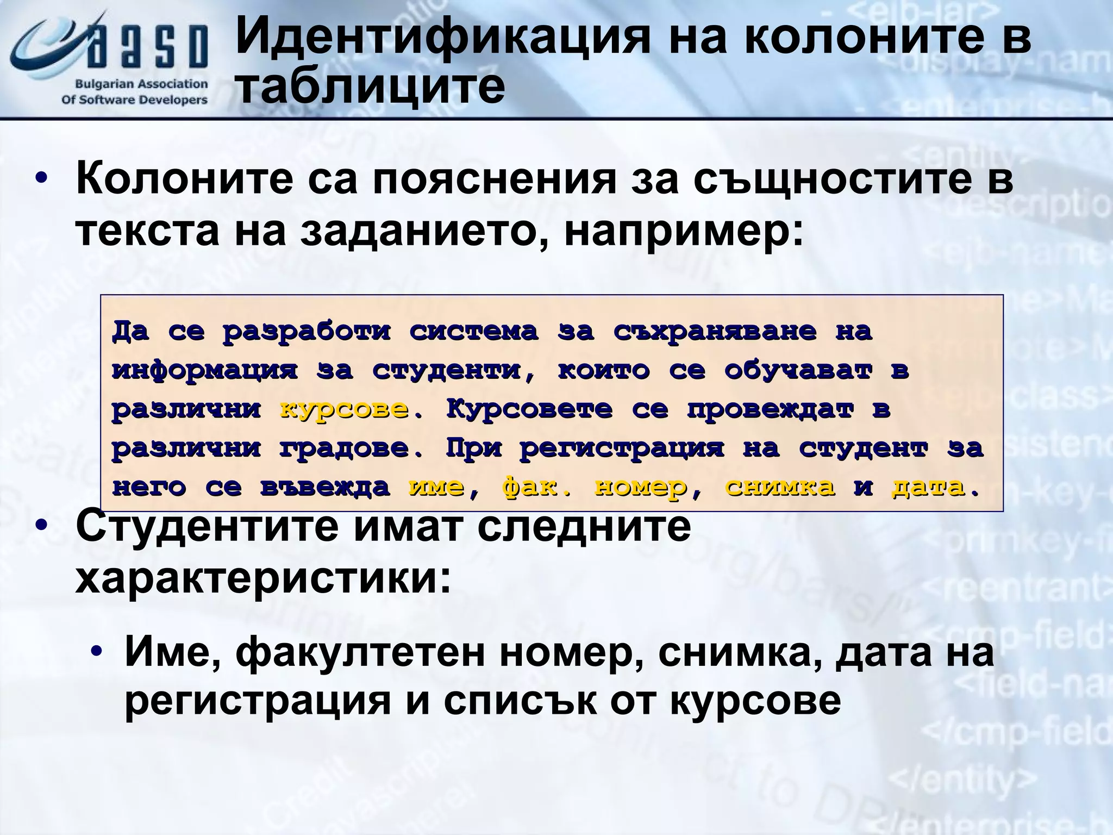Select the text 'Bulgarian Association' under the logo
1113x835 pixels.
point(141,84)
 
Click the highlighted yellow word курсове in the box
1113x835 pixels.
point(343,409)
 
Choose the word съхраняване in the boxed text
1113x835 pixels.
point(715,331)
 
